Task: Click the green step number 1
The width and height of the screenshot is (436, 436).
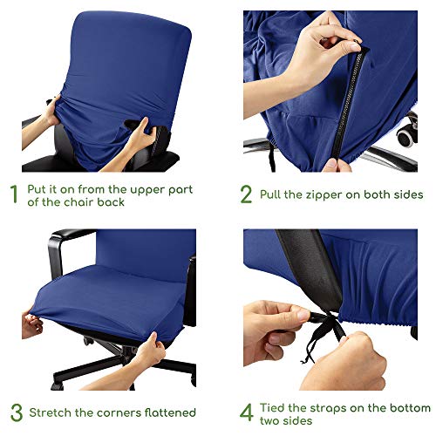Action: (13, 194)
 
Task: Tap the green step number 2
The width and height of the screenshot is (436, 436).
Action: (247, 194)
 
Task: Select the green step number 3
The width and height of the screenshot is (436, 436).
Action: (13, 412)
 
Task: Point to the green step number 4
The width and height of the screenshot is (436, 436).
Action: (247, 412)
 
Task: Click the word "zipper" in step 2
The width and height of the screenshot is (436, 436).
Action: (331, 194)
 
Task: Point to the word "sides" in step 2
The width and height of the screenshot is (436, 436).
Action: (406, 194)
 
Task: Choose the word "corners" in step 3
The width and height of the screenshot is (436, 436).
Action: (116, 412)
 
